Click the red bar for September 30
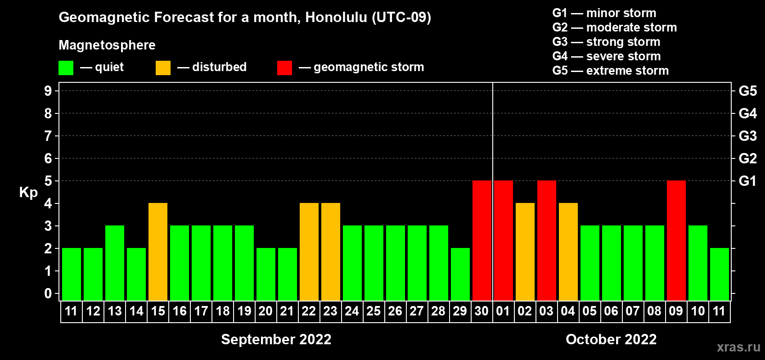click(x=482, y=240)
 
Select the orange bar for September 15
click(x=158, y=252)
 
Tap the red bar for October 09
click(x=676, y=240)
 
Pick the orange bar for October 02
click(x=525, y=252)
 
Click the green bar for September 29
click(x=460, y=274)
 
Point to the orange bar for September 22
click(x=309, y=252)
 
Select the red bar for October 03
click(x=547, y=240)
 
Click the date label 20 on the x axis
click(x=265, y=311)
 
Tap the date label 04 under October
click(x=568, y=311)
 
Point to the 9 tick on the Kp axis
click(x=48, y=91)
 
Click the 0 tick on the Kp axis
click(x=48, y=293)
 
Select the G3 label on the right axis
click(x=748, y=136)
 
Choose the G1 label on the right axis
click(x=748, y=181)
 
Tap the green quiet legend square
click(x=66, y=67)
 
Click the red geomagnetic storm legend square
click(x=285, y=67)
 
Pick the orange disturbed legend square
click(x=163, y=67)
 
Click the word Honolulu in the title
click(x=336, y=18)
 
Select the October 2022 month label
click(x=611, y=339)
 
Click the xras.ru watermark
click(x=738, y=347)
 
